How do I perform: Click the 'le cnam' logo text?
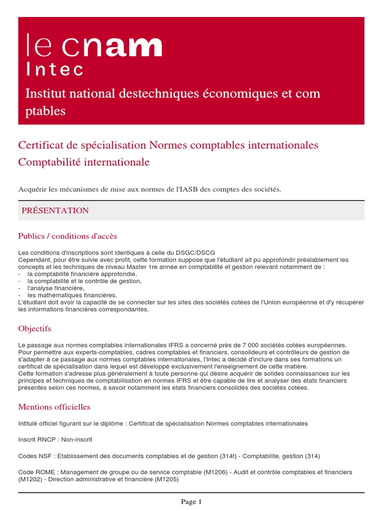coord(94,46)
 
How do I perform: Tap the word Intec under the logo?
coord(55,69)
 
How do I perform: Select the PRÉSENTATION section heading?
coord(55,211)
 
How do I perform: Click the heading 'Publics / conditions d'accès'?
coord(67,236)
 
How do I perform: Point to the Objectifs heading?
coord(34,329)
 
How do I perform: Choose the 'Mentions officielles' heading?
coord(54,407)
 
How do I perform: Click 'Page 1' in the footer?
coord(191,502)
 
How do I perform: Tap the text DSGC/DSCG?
coord(197,253)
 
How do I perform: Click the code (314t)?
coord(228,456)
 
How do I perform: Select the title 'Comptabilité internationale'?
coord(84,162)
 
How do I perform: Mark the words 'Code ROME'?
coord(35,472)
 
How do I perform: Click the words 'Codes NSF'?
coord(36,456)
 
